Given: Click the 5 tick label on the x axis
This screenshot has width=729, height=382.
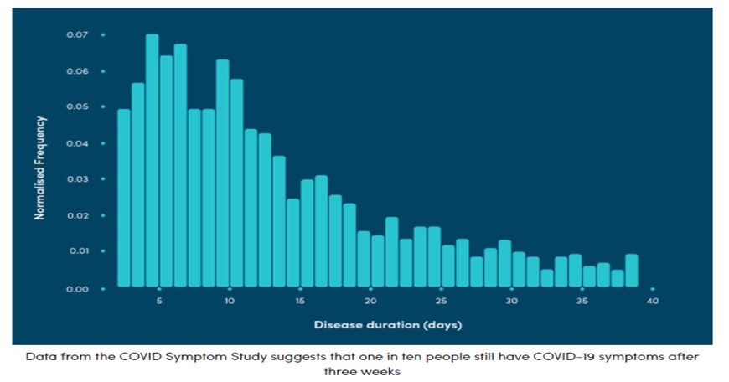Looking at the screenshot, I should (x=159, y=301).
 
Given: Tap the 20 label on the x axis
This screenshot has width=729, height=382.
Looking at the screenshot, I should (x=370, y=301).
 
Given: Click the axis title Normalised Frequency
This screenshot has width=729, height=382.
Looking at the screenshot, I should (x=39, y=168).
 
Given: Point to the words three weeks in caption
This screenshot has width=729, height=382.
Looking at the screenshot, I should (x=363, y=371).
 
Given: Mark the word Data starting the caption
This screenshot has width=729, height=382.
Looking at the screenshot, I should (x=40, y=356).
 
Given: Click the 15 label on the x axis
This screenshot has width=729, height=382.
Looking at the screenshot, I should (x=300, y=301).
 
